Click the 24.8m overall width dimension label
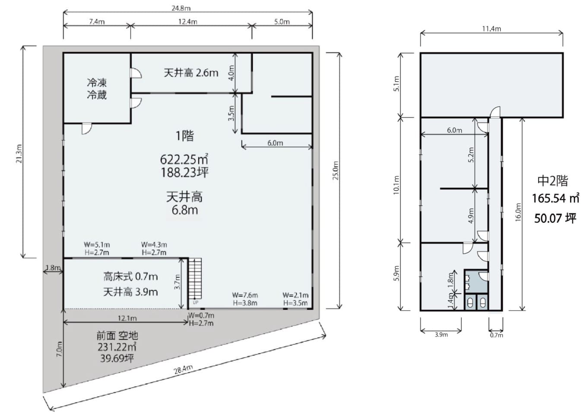pos(181,8)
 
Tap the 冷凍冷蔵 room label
pos(97,89)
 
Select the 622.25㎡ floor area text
pos(184,159)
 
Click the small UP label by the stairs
pos(196,303)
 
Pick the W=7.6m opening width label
pos(245,295)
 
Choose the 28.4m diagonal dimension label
pos(183,369)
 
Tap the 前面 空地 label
pos(117,336)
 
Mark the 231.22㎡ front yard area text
pos(117,347)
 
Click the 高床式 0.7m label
pos(130,277)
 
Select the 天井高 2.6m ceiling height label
pos(191,73)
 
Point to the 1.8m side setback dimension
pos(53,268)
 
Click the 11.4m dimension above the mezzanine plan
pos(492,29)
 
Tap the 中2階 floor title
pos(553,181)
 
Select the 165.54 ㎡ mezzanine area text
pos(555,198)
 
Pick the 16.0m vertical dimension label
pos(518,212)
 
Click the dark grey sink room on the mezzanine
pos(476,281)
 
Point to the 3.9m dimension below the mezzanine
pos(441,335)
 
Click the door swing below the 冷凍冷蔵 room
pos(87,129)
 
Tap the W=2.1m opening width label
pos(295,295)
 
